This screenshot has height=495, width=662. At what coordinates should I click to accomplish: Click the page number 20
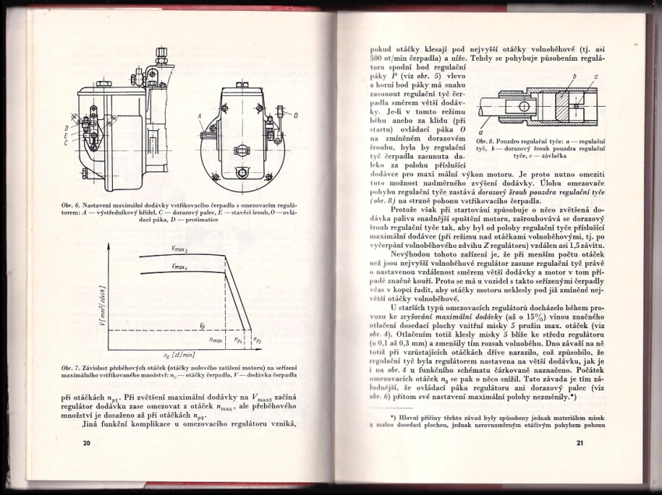coord(86,443)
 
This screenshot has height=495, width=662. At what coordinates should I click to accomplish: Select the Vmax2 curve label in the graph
coord(179,249)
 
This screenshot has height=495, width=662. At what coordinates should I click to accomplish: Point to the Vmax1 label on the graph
coord(179,267)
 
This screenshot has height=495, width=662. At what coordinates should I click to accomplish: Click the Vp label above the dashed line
coord(202,324)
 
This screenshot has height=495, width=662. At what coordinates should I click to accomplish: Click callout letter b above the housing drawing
coord(572,76)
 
